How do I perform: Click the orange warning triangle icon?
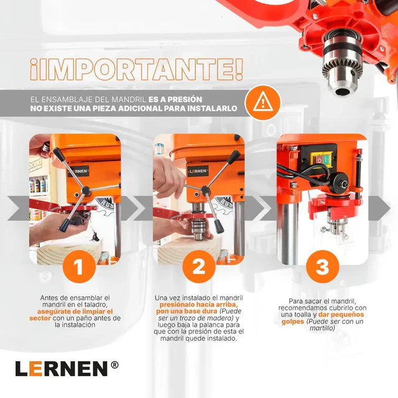pos(263,102)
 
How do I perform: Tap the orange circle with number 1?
pos(79,267)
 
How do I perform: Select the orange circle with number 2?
pos(199,267)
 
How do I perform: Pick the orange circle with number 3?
pos(323,267)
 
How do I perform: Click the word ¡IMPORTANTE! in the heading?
pos(137,69)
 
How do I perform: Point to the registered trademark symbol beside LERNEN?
pos(114,365)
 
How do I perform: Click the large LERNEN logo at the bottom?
pos(62,369)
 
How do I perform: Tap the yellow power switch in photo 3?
pos(322,159)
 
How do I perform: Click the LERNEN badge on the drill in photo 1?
pos(78,172)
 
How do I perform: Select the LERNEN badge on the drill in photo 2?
pos(198,171)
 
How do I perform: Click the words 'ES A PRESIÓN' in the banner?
pos(175,99)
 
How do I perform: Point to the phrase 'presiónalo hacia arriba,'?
pos(199,304)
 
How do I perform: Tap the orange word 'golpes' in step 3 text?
pos(293,322)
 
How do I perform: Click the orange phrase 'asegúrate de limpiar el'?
pos(75,312)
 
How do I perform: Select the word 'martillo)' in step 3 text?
pos(322,328)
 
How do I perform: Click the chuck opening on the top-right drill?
pos(341,91)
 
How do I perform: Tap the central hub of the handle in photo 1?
pos(86,191)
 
